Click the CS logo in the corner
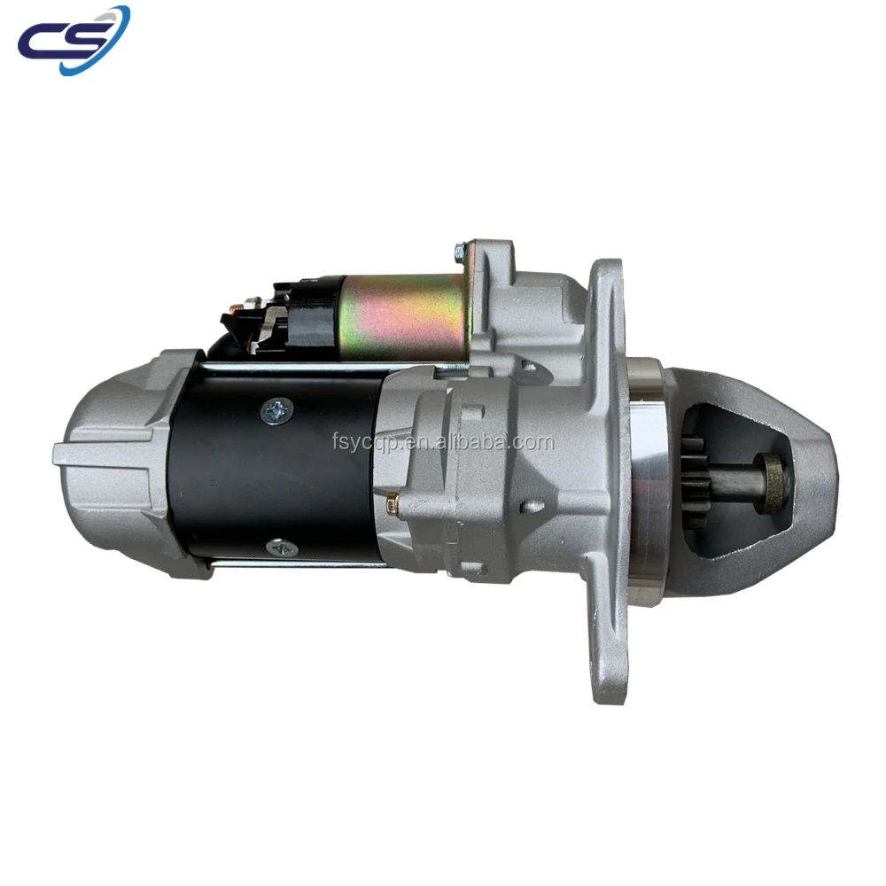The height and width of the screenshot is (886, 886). (74, 40)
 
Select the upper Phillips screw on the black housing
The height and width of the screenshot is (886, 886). (276, 411)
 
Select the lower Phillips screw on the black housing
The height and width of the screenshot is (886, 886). (282, 547)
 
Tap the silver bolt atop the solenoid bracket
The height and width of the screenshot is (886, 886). (461, 251)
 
